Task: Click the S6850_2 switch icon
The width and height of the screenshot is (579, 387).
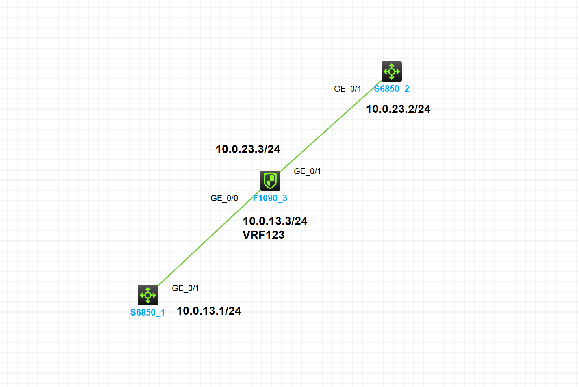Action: coord(391,71)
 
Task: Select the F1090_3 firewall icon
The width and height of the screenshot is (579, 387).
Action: coord(270,181)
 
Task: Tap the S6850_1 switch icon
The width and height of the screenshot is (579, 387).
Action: coord(148,295)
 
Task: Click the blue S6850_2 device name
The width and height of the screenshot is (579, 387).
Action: coord(391,89)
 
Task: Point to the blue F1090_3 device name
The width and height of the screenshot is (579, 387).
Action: coord(270,198)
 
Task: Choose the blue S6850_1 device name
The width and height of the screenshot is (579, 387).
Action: coord(147,313)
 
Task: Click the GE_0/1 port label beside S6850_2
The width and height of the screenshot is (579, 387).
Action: coord(347,89)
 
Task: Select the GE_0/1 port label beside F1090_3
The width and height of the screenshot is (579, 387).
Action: coord(307,171)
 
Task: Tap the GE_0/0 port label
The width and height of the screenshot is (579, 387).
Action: coord(224,198)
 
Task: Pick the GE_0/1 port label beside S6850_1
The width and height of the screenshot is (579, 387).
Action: coord(185,288)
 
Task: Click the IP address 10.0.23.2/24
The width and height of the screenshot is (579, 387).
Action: coord(398,109)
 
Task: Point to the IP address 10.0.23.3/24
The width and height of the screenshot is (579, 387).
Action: coord(248,149)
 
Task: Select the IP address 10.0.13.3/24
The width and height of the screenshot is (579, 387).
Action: coord(275,221)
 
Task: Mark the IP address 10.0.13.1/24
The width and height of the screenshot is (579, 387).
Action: coord(209,311)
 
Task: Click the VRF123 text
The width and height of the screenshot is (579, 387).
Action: coord(264,235)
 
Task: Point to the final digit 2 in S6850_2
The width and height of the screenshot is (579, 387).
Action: coord(406,89)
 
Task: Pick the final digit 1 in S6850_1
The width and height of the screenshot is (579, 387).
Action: coord(163,313)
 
